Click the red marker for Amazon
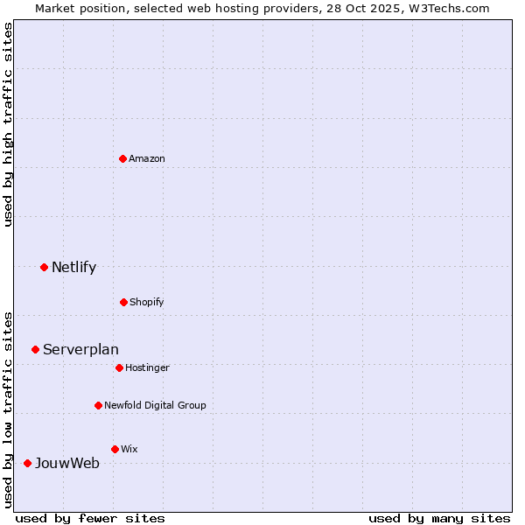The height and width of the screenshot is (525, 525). pyautogui.click(x=122, y=158)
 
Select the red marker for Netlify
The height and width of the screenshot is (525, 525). pyautogui.click(x=44, y=267)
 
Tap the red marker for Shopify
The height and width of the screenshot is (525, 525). pyautogui.click(x=123, y=302)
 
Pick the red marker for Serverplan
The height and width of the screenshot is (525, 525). pyautogui.click(x=35, y=349)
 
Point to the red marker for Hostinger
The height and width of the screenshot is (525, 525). pyautogui.click(x=119, y=367)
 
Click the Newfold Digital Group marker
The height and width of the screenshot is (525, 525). pyautogui.click(x=98, y=405)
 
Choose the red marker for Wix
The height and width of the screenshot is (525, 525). pyautogui.click(x=115, y=449)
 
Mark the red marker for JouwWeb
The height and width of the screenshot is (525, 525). pyautogui.click(x=27, y=463)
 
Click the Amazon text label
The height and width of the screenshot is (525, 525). pyautogui.click(x=147, y=158)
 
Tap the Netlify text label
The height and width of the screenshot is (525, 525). pyautogui.click(x=73, y=267)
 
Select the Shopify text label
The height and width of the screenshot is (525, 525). pyautogui.click(x=147, y=302)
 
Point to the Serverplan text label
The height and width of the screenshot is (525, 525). pyautogui.click(x=80, y=349)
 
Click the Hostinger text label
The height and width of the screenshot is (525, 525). pyautogui.click(x=147, y=367)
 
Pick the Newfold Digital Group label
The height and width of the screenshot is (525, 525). pyautogui.click(x=155, y=405)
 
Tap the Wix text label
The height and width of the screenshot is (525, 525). pyautogui.click(x=129, y=449)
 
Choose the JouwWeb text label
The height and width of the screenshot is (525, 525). pyautogui.click(x=67, y=463)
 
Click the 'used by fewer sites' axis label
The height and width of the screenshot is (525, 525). pyautogui.click(x=90, y=518)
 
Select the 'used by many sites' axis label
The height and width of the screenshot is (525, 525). pyautogui.click(x=439, y=518)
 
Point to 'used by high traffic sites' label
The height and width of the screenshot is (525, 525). pyautogui.click(x=8, y=124)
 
